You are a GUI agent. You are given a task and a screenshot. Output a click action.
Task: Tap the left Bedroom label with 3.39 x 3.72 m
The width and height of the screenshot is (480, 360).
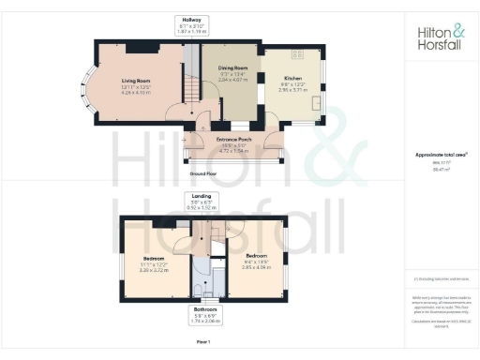(x=155, y=258)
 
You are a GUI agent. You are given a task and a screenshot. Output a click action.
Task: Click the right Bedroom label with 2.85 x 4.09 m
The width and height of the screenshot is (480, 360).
(x=257, y=255)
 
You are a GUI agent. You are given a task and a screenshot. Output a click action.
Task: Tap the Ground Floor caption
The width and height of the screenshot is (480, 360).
(x=204, y=173)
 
